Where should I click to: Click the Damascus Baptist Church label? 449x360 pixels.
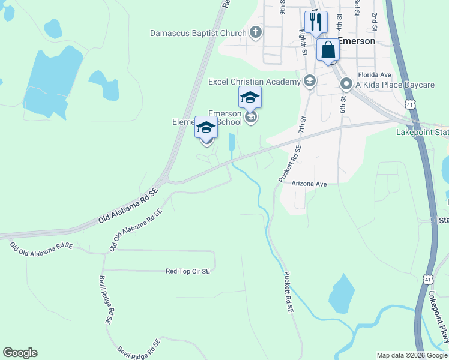(198, 33)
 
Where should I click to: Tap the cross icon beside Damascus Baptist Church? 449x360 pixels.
(256, 32)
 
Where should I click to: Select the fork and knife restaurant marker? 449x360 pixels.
(316, 23)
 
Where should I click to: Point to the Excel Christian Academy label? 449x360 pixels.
(254, 82)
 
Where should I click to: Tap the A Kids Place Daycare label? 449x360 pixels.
(394, 85)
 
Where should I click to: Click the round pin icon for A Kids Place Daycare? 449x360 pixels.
(346, 84)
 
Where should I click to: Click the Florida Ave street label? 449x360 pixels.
(374, 75)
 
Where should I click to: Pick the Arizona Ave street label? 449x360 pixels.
(309, 184)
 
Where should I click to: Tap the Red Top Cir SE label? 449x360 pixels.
(188, 271)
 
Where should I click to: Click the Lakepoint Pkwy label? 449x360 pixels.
(438, 318)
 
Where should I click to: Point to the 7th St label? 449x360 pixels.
(302, 126)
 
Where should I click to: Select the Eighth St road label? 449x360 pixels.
(303, 44)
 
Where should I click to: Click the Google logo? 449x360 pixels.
(20, 353)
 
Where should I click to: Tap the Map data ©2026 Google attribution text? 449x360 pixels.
(411, 355)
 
